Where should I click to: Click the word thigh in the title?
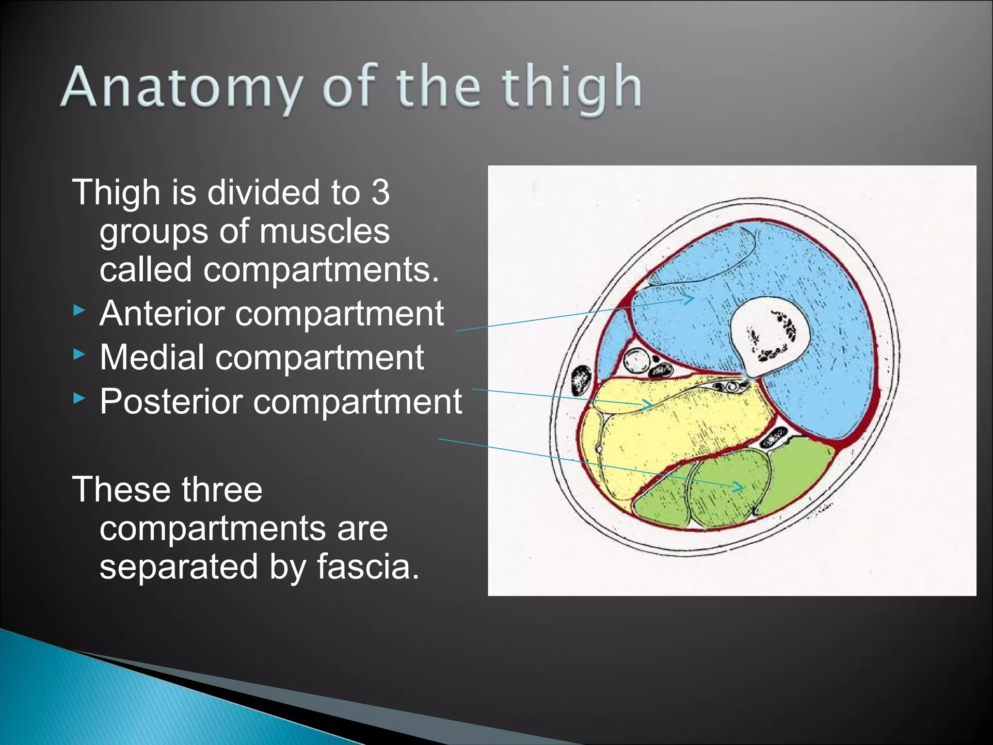[572, 88]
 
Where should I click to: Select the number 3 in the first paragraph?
[381, 192]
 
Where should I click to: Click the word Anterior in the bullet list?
[162, 313]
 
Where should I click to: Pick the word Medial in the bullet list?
[152, 357]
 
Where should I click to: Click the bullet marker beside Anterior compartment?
[79, 311]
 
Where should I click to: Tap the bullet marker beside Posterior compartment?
[79, 399]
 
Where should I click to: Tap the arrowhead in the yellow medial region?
[647, 404]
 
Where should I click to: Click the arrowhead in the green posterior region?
[738, 486]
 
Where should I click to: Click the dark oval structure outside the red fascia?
[580, 381]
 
